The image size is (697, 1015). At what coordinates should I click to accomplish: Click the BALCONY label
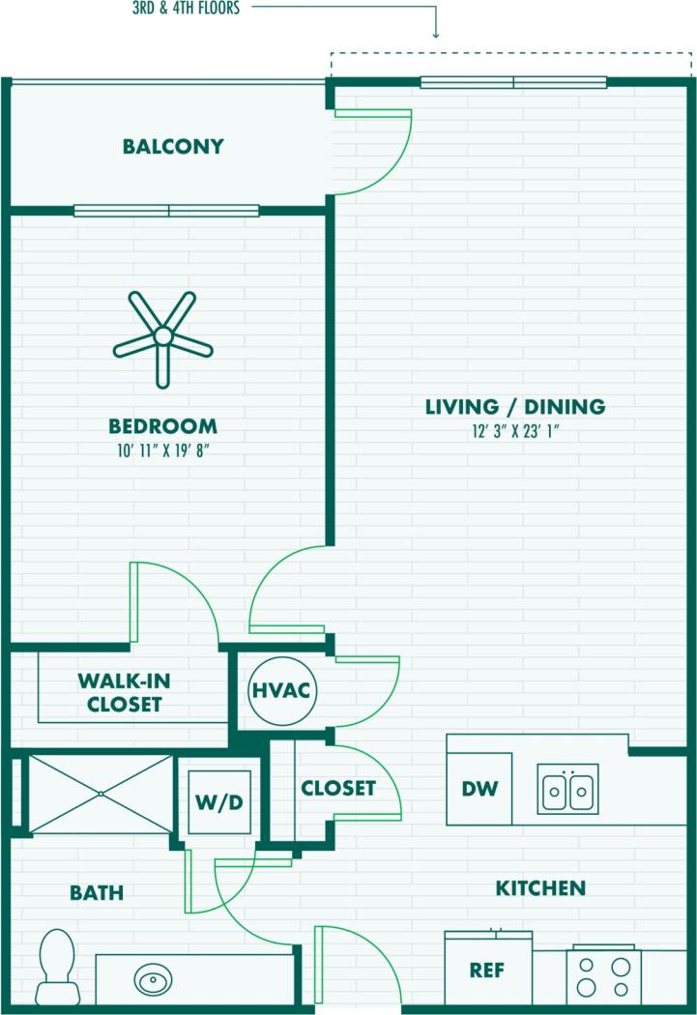[173, 147]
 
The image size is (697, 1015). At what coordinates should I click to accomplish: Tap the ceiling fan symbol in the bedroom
[163, 336]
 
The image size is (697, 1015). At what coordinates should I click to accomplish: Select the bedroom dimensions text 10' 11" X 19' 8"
[162, 449]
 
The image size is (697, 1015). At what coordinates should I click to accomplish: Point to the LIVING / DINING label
[515, 407]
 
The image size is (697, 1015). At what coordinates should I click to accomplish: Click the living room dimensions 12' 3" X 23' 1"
[515, 431]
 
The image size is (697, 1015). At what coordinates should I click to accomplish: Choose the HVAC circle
[281, 690]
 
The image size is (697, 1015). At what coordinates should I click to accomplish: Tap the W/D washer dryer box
[219, 801]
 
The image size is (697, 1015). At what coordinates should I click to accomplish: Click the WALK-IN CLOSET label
[120, 692]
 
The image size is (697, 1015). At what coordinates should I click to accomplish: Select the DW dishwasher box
[479, 789]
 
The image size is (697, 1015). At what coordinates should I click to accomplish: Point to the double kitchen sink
[568, 789]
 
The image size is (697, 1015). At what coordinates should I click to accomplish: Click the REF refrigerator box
[488, 970]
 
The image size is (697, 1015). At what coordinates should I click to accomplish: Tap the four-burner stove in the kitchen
[603, 974]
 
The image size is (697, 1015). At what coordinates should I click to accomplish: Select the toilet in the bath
[57, 966]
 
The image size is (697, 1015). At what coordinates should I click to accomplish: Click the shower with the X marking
[101, 794]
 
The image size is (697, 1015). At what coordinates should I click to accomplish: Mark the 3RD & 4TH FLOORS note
[186, 9]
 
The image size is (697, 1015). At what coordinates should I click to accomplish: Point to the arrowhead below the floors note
[435, 34]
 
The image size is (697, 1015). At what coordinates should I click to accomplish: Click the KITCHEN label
[540, 887]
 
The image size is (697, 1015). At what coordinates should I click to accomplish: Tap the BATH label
[97, 893]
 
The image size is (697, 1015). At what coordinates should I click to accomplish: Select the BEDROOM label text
[162, 426]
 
